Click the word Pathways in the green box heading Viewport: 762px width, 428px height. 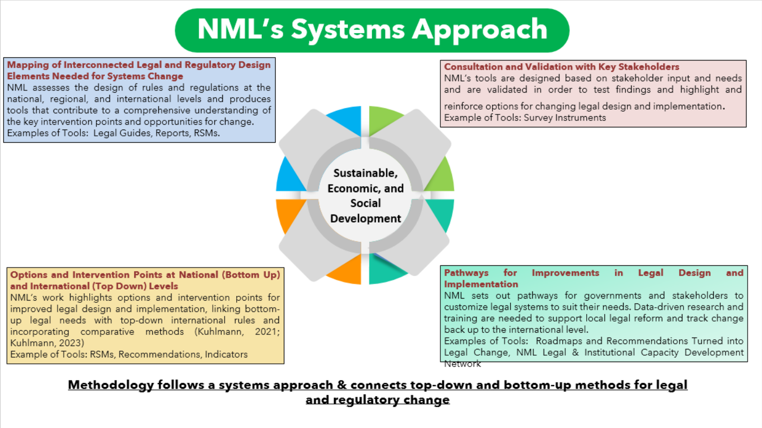pos(466,273)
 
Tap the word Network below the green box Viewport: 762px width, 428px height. pos(462,364)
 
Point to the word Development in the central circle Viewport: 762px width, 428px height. pos(366,218)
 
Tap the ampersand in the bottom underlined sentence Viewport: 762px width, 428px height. pos(341,385)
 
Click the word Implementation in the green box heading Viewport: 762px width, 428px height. pos(481,284)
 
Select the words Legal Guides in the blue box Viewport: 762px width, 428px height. pos(122,133)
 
